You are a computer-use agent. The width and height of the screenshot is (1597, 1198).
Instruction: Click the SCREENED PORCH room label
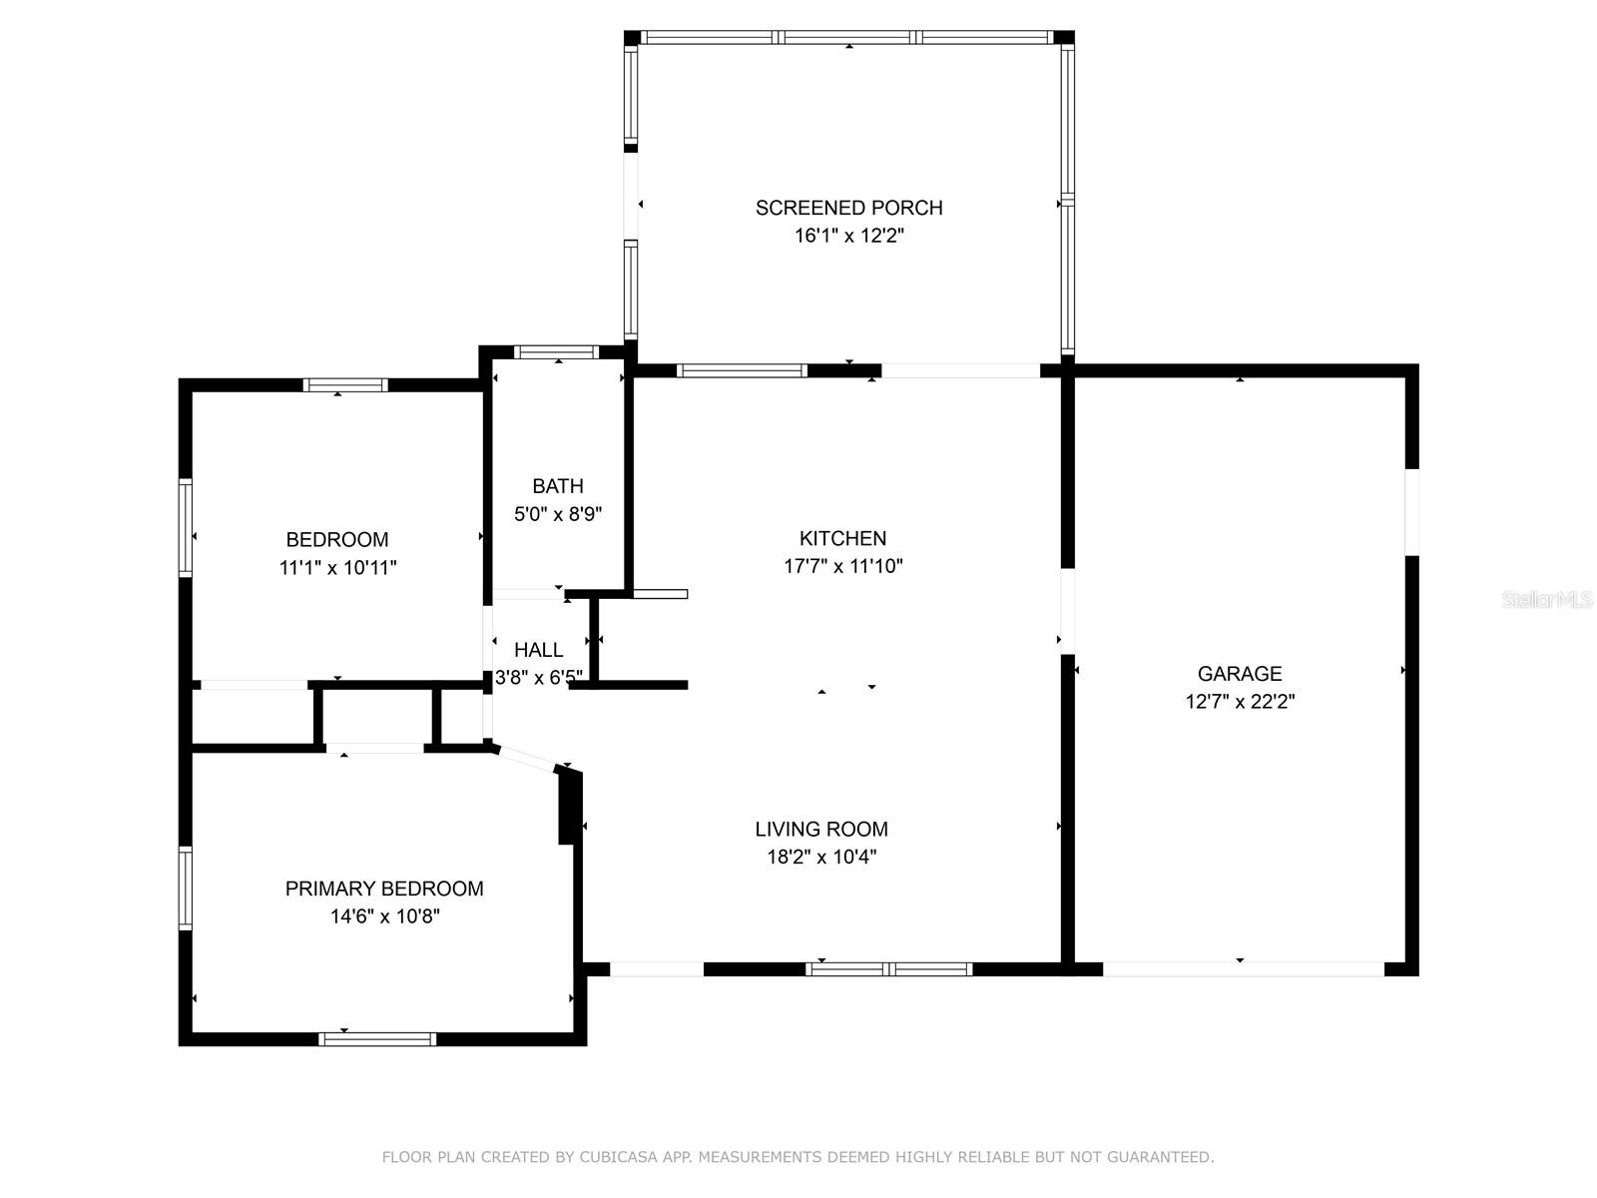848,208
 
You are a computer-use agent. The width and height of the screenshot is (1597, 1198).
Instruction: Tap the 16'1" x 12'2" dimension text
848,236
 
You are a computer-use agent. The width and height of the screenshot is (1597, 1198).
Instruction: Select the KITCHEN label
842,538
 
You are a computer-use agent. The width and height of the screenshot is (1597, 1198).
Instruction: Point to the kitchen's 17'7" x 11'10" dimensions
842,566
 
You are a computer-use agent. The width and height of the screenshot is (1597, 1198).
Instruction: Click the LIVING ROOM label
821,829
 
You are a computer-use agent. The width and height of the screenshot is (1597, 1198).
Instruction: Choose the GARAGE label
1240,674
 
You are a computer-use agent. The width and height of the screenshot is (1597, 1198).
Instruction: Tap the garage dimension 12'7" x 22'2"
1240,701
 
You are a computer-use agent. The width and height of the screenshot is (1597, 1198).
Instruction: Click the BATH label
558,486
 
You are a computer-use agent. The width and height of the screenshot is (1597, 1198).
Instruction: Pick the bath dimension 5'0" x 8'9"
558,514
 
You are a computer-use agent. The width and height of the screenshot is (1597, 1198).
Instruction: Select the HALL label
538,650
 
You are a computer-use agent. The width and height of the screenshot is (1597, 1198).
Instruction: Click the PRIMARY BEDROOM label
384,889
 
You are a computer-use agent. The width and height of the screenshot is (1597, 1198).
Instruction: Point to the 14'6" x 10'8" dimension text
385,915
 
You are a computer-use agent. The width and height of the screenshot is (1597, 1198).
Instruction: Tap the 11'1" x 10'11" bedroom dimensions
337,567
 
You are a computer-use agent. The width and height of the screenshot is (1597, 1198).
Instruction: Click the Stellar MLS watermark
1547,599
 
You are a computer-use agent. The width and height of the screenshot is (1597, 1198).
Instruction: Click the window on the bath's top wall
557,352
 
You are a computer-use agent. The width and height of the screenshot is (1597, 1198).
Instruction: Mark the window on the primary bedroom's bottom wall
377,1039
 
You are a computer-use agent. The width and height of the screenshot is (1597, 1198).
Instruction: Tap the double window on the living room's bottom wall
888,968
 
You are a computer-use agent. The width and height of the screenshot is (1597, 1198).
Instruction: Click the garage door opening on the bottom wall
1244,968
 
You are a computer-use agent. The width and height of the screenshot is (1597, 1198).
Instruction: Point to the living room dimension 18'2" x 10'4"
821,857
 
